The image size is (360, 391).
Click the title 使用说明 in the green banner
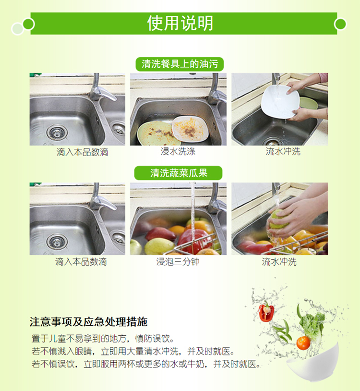[180, 23]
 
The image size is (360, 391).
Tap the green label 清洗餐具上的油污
[180, 64]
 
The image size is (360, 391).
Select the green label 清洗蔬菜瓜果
[179, 173]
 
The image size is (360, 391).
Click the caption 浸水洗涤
[178, 151]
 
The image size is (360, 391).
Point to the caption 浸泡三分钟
[178, 262]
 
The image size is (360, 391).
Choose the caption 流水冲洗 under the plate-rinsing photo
[283, 151]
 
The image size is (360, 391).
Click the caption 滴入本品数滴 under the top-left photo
[82, 152]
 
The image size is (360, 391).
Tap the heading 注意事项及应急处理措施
[88, 322]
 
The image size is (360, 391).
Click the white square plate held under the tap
[280, 101]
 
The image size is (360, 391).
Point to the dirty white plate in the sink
[191, 129]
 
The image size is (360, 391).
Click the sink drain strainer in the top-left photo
[57, 133]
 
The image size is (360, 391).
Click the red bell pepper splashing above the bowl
[266, 312]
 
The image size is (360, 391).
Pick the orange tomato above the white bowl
[303, 343]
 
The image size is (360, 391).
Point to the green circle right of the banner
[340, 24]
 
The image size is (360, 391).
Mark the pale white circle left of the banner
[18, 29]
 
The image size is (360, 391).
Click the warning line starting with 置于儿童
[102, 339]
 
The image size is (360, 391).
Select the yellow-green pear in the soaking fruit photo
[158, 246]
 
